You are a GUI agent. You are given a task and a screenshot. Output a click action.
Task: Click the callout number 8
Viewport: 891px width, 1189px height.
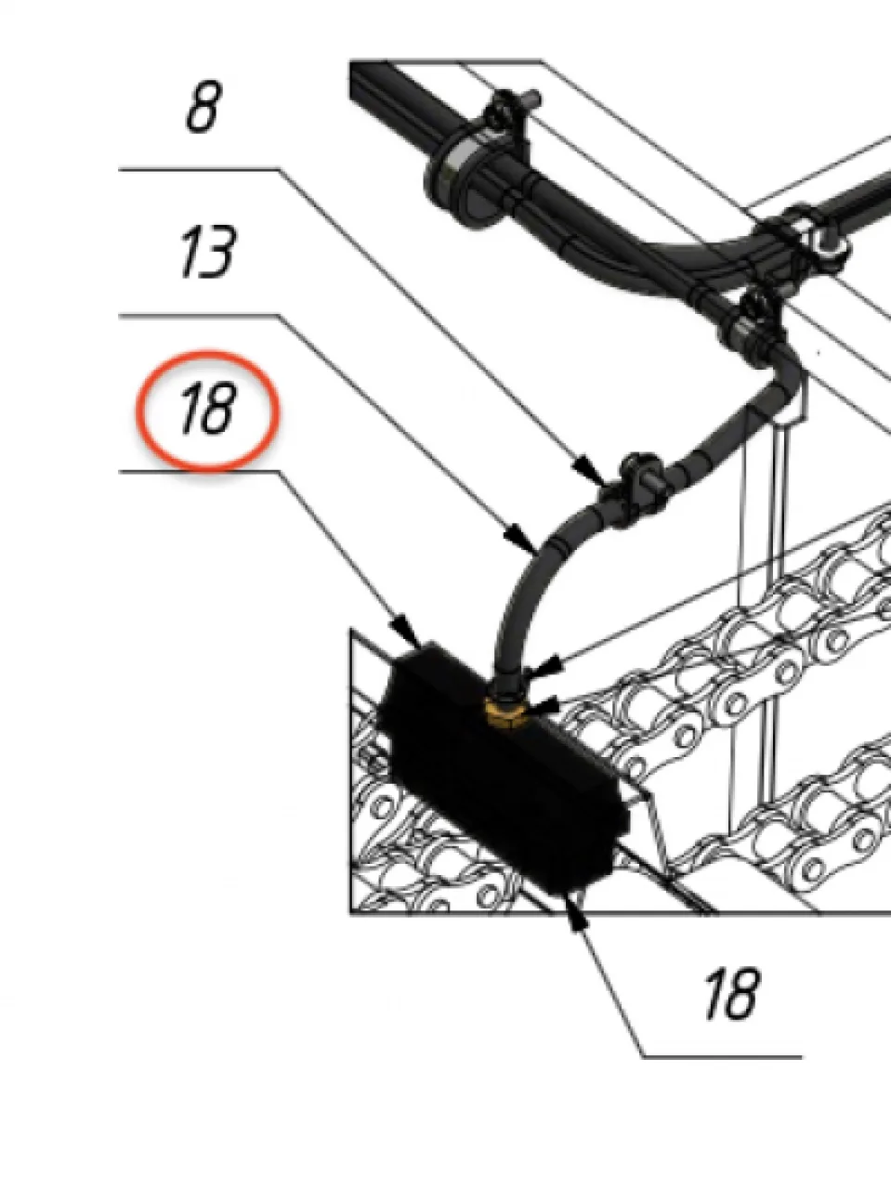(x=204, y=107)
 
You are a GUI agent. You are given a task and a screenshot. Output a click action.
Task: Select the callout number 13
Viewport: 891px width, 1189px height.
(x=207, y=252)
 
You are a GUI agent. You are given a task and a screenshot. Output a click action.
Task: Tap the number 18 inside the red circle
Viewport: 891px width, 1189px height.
(x=208, y=409)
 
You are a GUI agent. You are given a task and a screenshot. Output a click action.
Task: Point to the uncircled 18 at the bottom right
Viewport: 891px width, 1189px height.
(x=732, y=995)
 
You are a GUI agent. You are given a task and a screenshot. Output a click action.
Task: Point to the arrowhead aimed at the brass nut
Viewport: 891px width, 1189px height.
(x=544, y=706)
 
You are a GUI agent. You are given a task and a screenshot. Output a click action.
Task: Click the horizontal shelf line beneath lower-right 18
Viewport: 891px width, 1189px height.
(x=722, y=1057)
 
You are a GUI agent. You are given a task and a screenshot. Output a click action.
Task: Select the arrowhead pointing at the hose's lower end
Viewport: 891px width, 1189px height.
(x=544, y=666)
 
